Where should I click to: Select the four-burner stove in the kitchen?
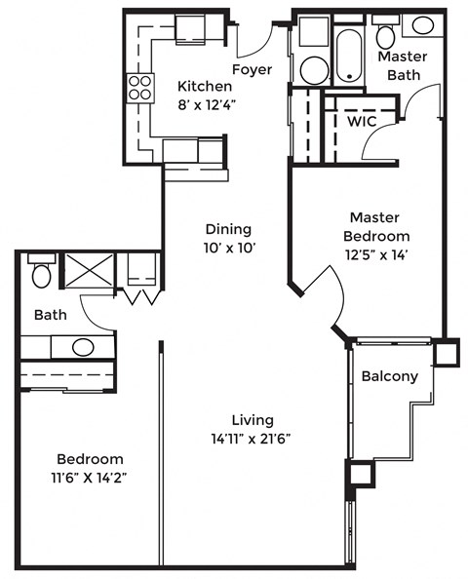coord(139,89)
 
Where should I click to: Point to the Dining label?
coord(228,229)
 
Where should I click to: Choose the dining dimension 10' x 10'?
coord(228,248)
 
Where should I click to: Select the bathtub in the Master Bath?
coord(348,57)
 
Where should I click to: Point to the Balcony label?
coord(389,376)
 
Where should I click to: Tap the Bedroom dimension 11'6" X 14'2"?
coord(89,478)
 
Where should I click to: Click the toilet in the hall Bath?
coord(42,273)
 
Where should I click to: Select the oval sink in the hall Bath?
coord(83,346)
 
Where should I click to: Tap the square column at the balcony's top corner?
coord(446,351)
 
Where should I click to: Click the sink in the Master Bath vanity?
coord(423,26)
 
